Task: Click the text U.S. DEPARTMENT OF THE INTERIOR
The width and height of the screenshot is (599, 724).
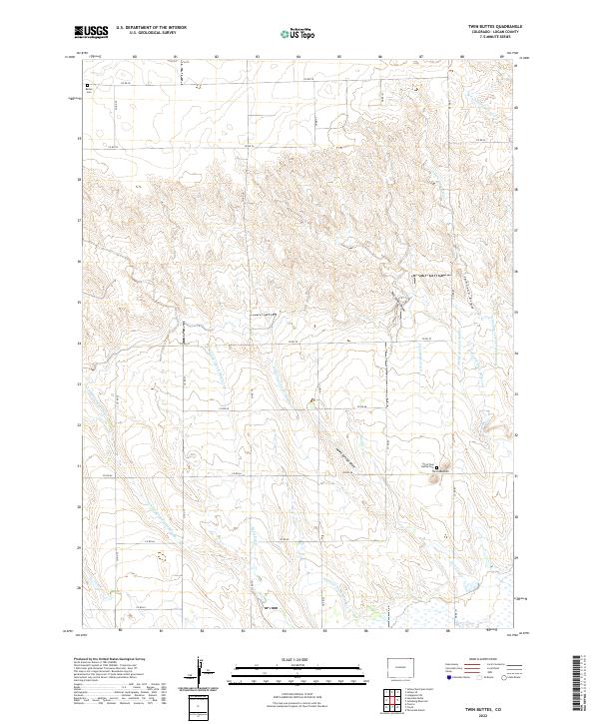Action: (x=151, y=28)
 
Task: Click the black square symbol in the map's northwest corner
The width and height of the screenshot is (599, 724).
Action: (x=87, y=87)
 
